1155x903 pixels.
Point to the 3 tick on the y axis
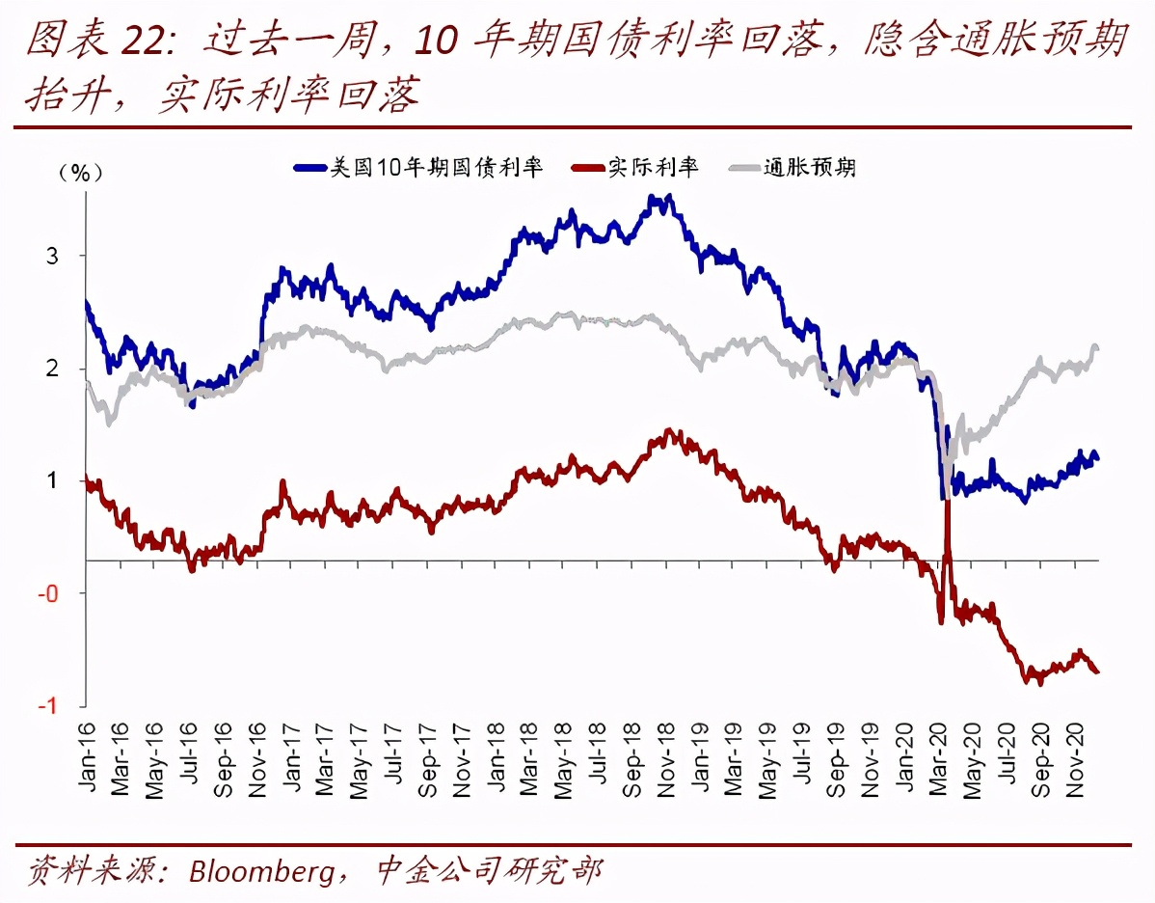click(x=53, y=256)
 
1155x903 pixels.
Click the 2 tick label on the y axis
click(x=53, y=369)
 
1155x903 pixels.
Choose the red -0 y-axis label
click(x=49, y=593)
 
